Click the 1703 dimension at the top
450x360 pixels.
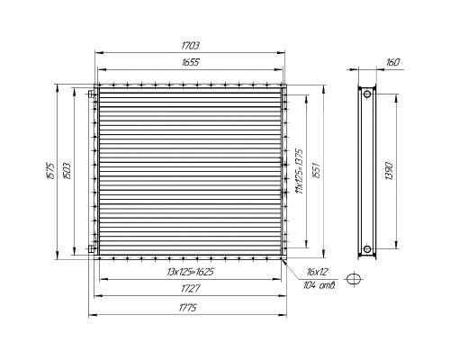pos(190,46)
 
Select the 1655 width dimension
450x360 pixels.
pos(190,62)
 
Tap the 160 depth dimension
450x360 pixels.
pos(392,62)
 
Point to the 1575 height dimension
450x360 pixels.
pos(51,171)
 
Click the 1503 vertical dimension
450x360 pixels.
pos(67,171)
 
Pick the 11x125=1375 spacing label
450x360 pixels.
pos(300,171)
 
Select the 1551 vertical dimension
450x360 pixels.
pos(317,170)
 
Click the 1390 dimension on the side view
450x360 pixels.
pos(389,171)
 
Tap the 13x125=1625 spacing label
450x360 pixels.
pos(190,272)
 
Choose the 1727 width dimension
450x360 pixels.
pos(190,289)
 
